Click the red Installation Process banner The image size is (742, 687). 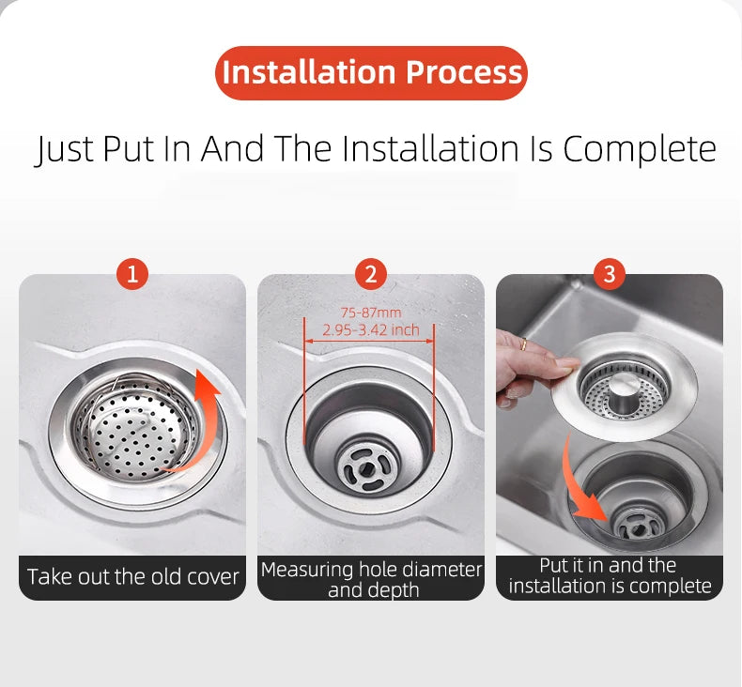371,73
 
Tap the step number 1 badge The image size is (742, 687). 132,274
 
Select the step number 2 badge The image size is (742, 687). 371,274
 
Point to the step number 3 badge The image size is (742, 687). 610,274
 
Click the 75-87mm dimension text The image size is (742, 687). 370,313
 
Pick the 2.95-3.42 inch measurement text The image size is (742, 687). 370,330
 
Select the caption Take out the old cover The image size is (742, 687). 132,576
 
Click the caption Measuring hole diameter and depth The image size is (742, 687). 371,579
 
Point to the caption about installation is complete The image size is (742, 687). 610,575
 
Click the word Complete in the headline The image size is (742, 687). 640,149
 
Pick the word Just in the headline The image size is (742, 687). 65,149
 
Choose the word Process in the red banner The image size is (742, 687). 464,73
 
